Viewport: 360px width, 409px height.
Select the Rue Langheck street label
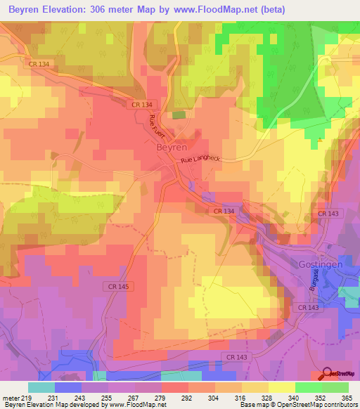pyautogui.click(x=200, y=160)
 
